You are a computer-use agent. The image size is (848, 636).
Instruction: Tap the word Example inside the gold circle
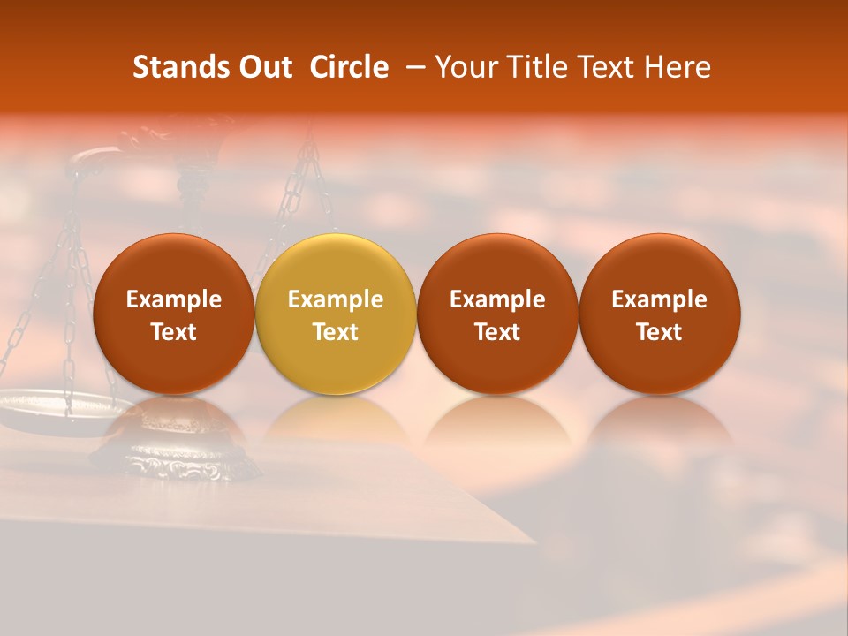[336, 299]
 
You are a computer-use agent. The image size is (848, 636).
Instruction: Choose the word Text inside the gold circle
[336, 332]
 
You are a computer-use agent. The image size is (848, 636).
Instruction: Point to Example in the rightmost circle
[660, 299]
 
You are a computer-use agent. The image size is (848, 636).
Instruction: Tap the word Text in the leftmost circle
[173, 332]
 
